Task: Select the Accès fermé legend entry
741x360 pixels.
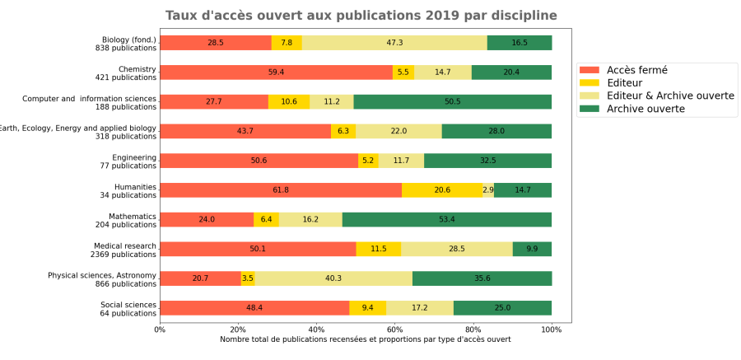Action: (x=636, y=70)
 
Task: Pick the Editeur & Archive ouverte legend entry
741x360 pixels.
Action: (x=670, y=96)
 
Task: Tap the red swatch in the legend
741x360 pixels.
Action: (x=590, y=70)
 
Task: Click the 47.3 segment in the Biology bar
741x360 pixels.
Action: (x=394, y=43)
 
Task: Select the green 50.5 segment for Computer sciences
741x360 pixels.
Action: (x=452, y=101)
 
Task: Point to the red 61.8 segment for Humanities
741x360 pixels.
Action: (x=281, y=190)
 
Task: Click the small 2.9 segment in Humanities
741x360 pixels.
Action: (x=488, y=190)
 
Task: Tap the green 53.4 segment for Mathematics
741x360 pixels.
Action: (x=447, y=220)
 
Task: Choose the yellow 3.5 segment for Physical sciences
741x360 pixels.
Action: (x=248, y=278)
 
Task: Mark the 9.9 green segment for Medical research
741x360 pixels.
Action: (x=532, y=249)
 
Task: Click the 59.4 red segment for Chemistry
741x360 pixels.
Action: (x=276, y=72)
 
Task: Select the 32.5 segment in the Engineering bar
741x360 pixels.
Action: (x=487, y=161)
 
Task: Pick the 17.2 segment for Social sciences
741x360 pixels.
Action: (x=419, y=308)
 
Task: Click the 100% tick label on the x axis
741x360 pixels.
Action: (x=552, y=330)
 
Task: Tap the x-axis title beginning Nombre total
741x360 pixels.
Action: (x=365, y=339)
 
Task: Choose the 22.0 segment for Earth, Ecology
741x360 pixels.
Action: (x=398, y=131)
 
